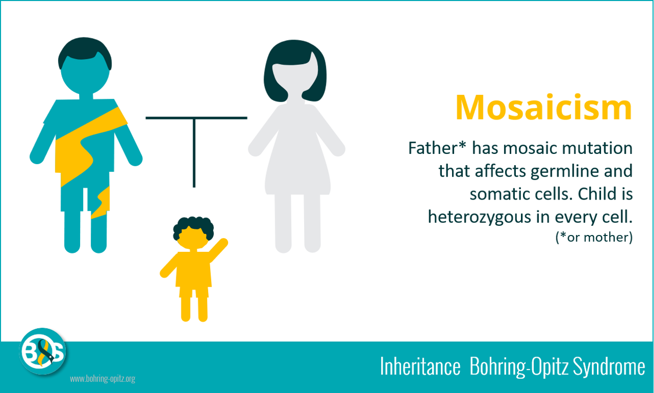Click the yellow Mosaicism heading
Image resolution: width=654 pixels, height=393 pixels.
tap(543, 108)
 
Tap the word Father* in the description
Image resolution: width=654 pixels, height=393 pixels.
tap(437, 148)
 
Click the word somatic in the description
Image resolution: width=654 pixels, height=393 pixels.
tap(495, 194)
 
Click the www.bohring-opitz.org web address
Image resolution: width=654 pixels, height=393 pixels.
tap(102, 379)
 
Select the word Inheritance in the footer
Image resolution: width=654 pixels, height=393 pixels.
tap(420, 367)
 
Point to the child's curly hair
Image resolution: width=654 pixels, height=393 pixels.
tap(193, 226)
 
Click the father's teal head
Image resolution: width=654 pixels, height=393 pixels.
tap(85, 74)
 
